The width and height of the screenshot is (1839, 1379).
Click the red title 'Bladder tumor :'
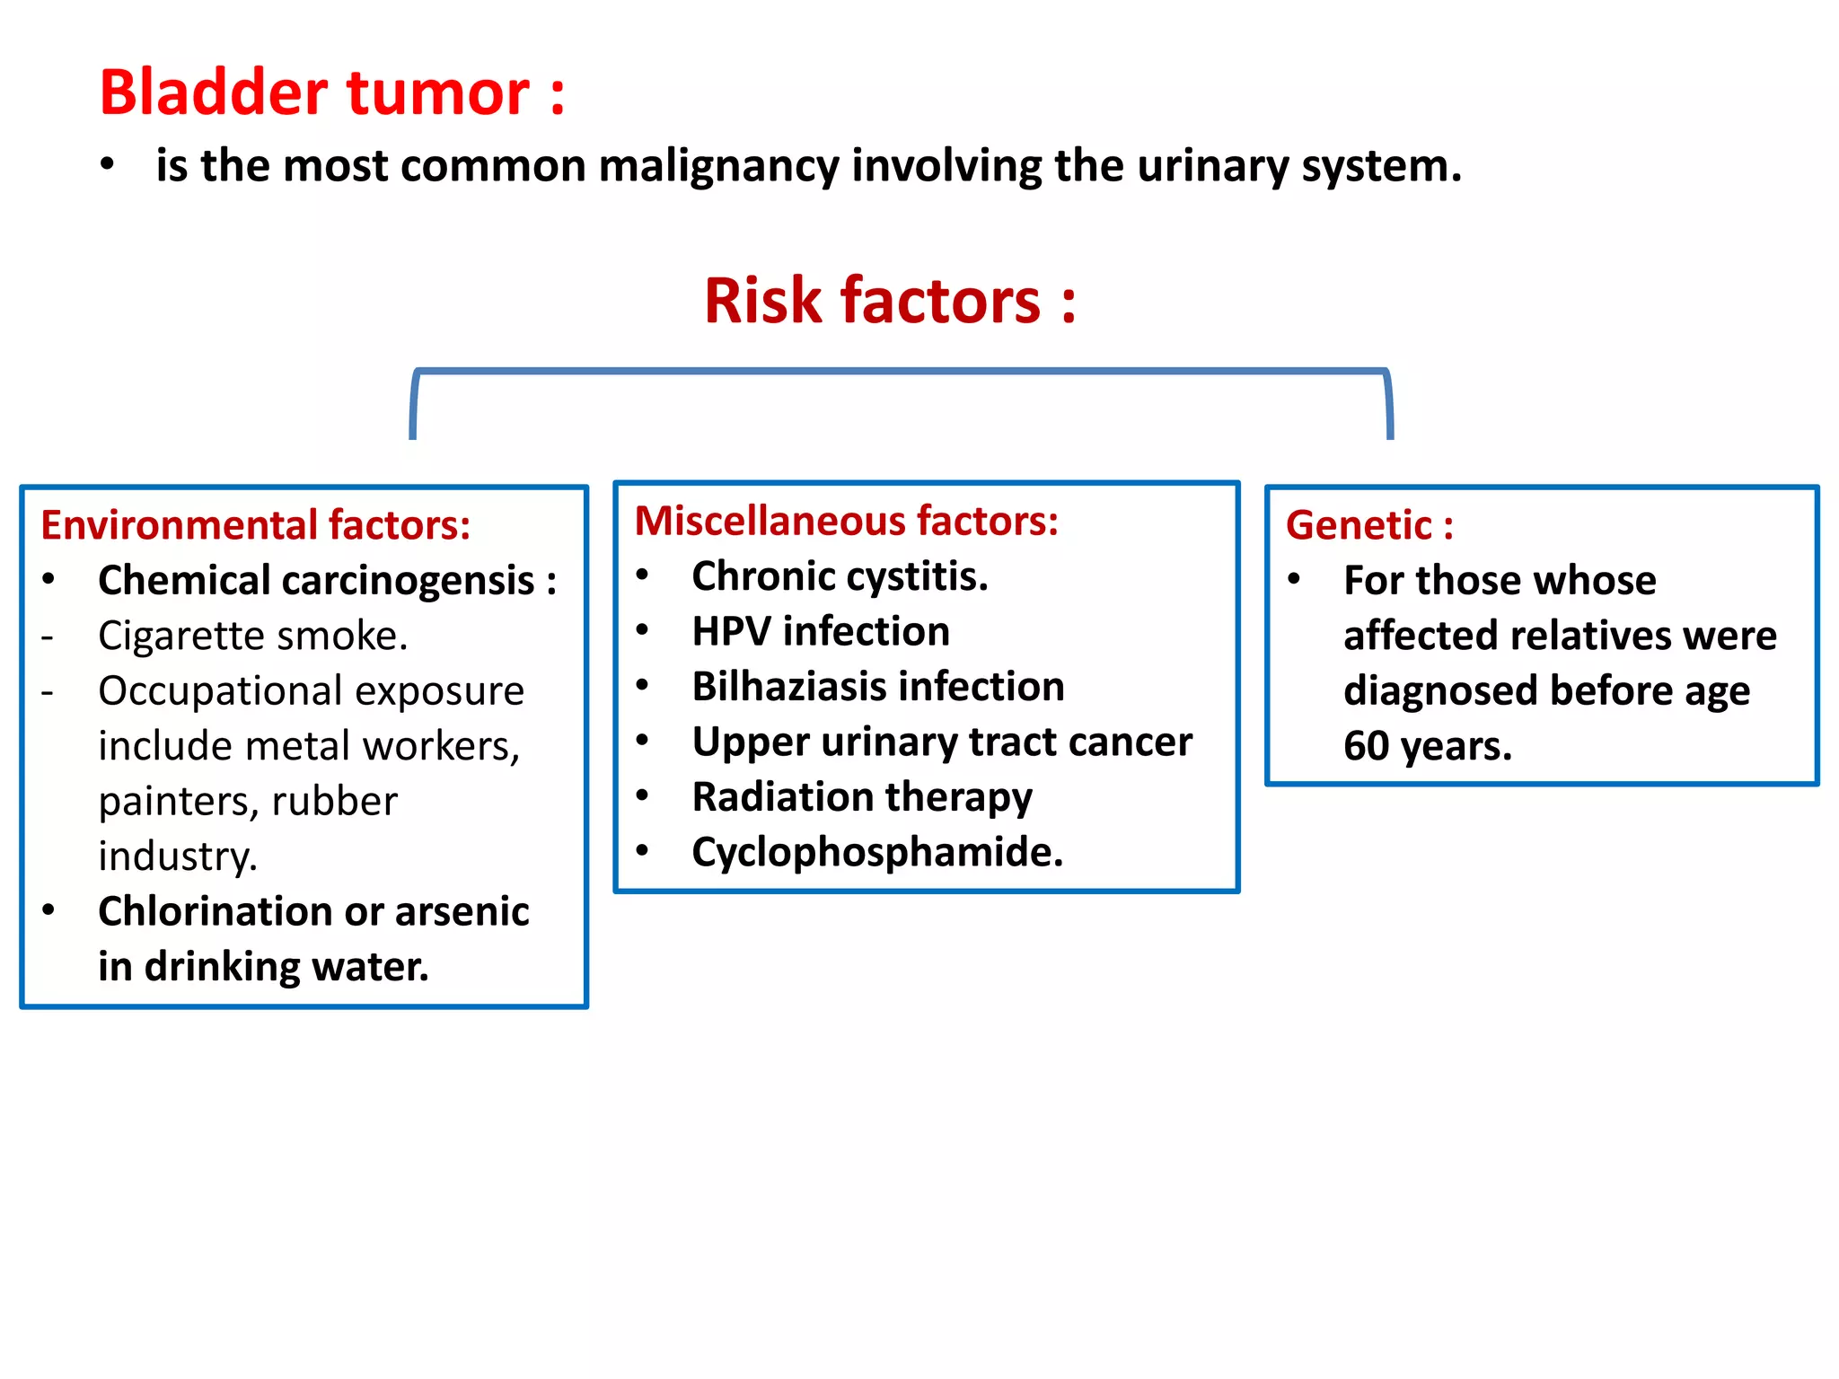331,92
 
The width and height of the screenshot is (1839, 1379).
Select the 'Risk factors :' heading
889,301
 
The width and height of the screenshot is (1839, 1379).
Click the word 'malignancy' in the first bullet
718,167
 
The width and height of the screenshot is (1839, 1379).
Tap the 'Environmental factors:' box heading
255,525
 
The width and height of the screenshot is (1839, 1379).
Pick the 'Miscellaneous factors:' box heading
846,521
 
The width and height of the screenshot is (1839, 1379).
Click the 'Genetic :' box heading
1368,525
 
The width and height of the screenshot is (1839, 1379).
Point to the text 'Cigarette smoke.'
252,636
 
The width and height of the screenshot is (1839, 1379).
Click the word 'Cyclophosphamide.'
876,852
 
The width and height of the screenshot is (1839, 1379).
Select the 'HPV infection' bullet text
820,631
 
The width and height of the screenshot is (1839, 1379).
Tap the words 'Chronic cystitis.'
840,576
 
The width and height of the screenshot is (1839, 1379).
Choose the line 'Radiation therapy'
861,797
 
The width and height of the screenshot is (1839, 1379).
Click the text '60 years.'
1427,746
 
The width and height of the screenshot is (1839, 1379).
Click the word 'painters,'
179,802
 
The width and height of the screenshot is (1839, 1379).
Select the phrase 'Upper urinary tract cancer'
941,742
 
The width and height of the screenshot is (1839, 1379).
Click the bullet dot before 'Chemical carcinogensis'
48,580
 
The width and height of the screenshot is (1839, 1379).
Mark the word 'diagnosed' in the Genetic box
1440,691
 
